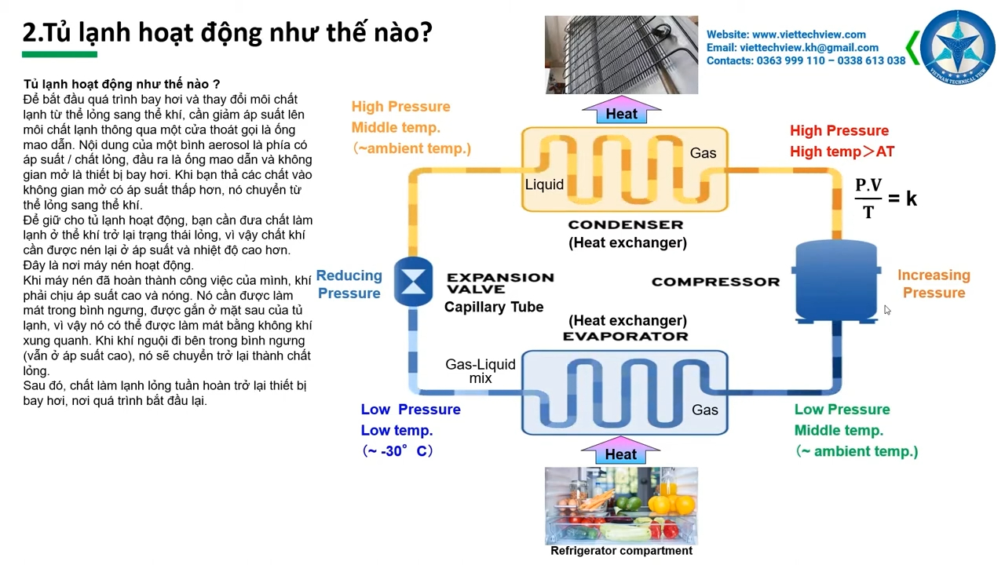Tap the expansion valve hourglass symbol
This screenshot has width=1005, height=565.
tap(413, 281)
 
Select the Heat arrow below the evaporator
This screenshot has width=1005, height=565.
tap(620, 453)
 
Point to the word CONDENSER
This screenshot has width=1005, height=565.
tap(626, 225)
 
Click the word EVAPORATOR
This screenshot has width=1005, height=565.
tap(626, 336)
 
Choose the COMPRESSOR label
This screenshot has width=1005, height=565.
tap(715, 282)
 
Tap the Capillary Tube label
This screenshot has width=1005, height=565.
tap(494, 307)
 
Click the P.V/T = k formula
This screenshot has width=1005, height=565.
tap(885, 199)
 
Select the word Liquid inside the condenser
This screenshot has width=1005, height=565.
tap(544, 184)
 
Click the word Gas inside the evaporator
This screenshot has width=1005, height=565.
tap(704, 410)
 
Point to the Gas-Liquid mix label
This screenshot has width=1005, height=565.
tap(481, 371)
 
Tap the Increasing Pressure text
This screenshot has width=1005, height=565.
tap(934, 284)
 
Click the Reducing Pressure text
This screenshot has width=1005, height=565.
tap(349, 284)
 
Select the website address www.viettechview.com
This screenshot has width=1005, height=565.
tap(809, 35)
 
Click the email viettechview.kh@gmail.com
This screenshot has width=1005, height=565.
tap(809, 47)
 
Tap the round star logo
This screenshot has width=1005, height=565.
tap(957, 47)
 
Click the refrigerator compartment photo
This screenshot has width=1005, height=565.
tap(621, 505)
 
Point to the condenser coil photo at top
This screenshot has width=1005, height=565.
tap(621, 55)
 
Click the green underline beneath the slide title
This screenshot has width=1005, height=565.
tap(60, 54)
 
